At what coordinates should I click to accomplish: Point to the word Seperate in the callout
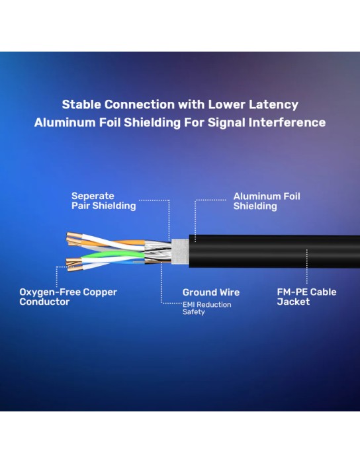tap(93, 196)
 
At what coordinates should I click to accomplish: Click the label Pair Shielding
tap(104, 206)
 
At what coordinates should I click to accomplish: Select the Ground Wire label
tap(211, 292)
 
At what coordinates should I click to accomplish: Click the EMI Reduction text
tap(206, 304)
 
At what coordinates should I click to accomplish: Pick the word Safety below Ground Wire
tap(193, 312)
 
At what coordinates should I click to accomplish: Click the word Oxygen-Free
tap(50, 292)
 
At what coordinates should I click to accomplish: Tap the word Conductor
tap(44, 302)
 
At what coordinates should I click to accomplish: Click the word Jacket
tap(293, 302)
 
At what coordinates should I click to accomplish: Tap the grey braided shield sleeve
tap(180, 251)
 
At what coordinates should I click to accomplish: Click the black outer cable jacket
tap(275, 251)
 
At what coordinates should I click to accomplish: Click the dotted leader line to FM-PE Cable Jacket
tap(307, 267)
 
